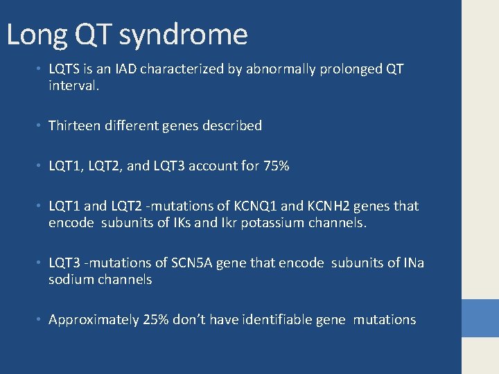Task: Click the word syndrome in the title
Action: pos(183,35)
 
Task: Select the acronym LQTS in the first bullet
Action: pos(64,69)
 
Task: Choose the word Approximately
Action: pos(94,320)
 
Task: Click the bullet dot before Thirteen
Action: pos(41,126)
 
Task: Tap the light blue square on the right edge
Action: pos(480,318)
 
